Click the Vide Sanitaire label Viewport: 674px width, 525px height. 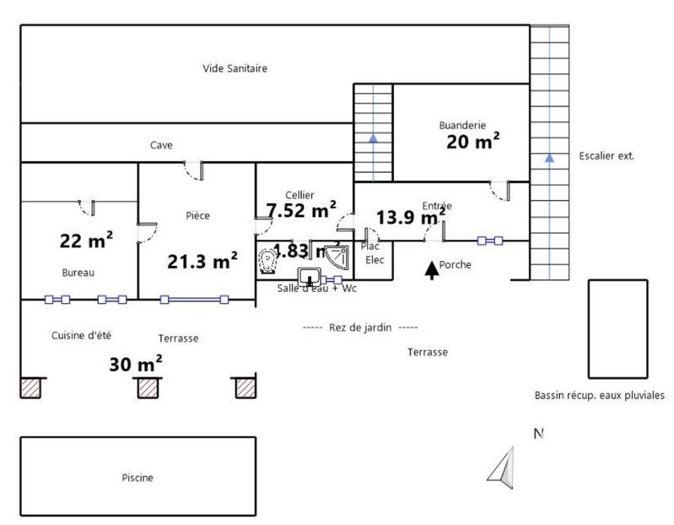click(235, 68)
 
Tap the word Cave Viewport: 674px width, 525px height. click(161, 145)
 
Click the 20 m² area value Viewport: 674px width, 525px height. click(472, 142)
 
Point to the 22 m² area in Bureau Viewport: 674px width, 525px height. click(86, 241)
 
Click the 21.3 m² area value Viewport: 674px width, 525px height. click(202, 262)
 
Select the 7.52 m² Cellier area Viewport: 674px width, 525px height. click(301, 210)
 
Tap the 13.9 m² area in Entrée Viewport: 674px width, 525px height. click(410, 217)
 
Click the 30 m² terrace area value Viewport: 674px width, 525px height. click(136, 365)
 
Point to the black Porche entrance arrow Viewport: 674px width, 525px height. click(431, 268)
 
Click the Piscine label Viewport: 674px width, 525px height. click(137, 478)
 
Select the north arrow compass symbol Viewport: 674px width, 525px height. click(503, 466)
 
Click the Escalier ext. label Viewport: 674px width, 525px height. click(606, 156)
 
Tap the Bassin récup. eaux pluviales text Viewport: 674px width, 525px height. click(599, 395)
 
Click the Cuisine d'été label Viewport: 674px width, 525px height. click(81, 334)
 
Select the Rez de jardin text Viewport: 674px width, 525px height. click(360, 327)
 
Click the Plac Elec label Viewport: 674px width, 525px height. click(372, 253)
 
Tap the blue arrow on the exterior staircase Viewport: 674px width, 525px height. click(549, 157)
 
